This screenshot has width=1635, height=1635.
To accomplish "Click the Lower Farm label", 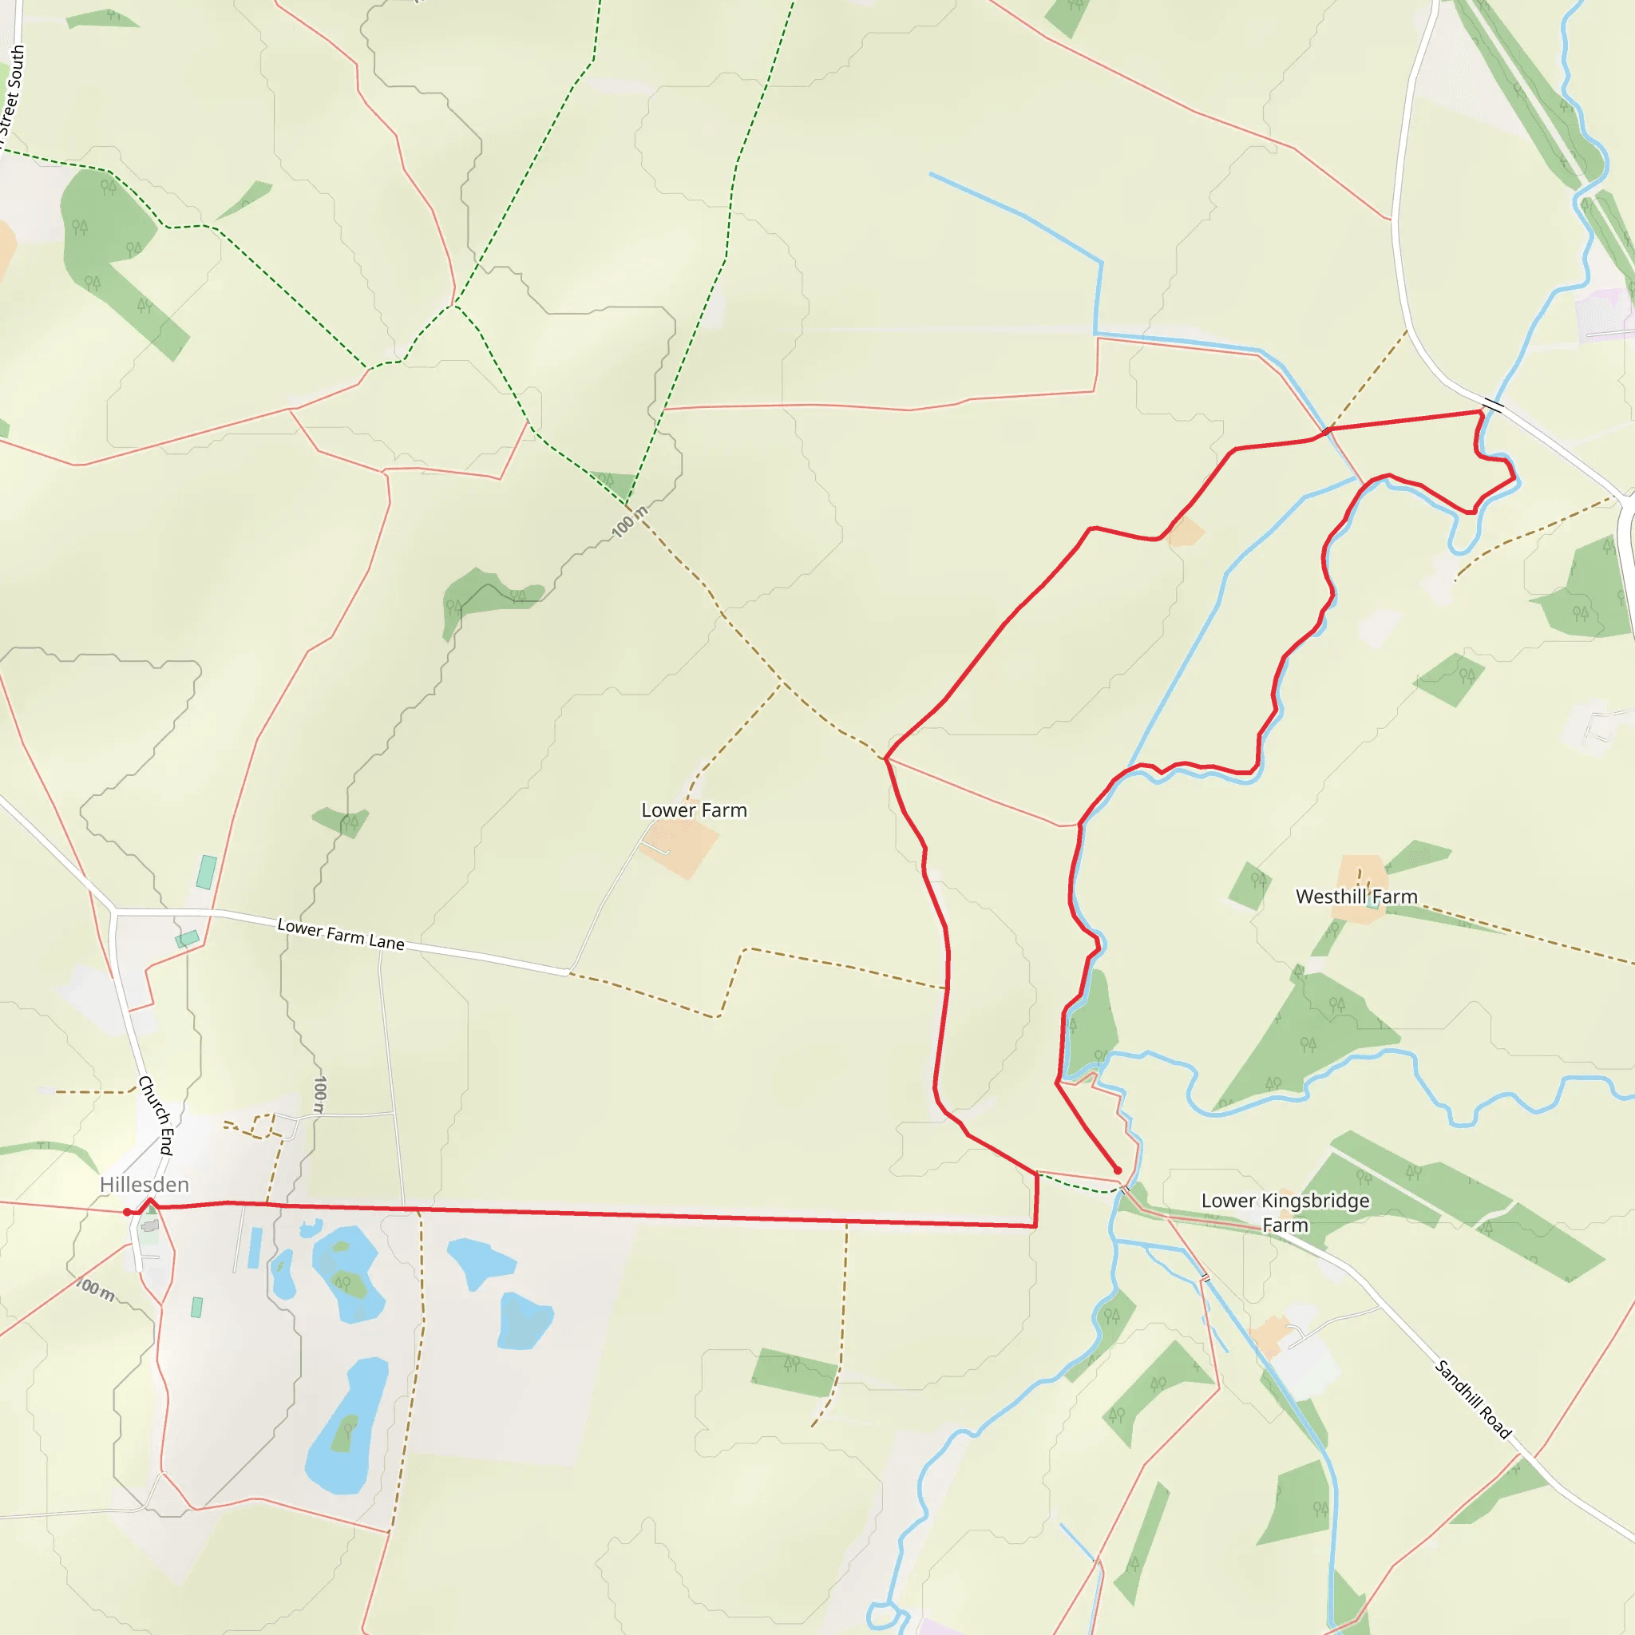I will pos(694,810).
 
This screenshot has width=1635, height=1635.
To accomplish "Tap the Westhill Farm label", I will pos(1356,897).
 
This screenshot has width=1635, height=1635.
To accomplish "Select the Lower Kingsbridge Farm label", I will pos(1285,1212).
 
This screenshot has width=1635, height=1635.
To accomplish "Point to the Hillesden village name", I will pos(144,1184).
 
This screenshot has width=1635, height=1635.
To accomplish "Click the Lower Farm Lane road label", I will pos(340,934).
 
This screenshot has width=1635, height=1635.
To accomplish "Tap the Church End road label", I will pos(156,1114).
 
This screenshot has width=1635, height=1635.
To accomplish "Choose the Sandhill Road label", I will pos(1472,1398).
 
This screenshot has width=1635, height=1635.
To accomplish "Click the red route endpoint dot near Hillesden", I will pos(127,1212).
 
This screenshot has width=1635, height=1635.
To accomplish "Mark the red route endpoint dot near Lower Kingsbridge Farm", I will pos(1117,1170).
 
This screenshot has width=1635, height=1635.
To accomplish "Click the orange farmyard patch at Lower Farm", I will pos(682,845).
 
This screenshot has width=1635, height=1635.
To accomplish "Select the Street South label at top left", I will pos(12,93).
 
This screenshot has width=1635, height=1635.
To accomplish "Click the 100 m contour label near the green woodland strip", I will pos(630,521).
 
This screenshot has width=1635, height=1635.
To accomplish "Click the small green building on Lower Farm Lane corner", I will pos(187,939).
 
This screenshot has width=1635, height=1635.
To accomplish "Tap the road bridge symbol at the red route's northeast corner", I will pos(1493,406).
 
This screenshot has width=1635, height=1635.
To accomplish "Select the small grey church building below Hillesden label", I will pos(150,1225).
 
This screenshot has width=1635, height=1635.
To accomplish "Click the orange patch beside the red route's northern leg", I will pos(1186,532).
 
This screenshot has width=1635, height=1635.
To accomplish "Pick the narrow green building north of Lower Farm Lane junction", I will pos(207,872).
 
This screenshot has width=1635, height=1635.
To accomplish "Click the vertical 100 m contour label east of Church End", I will pos(319,1094).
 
